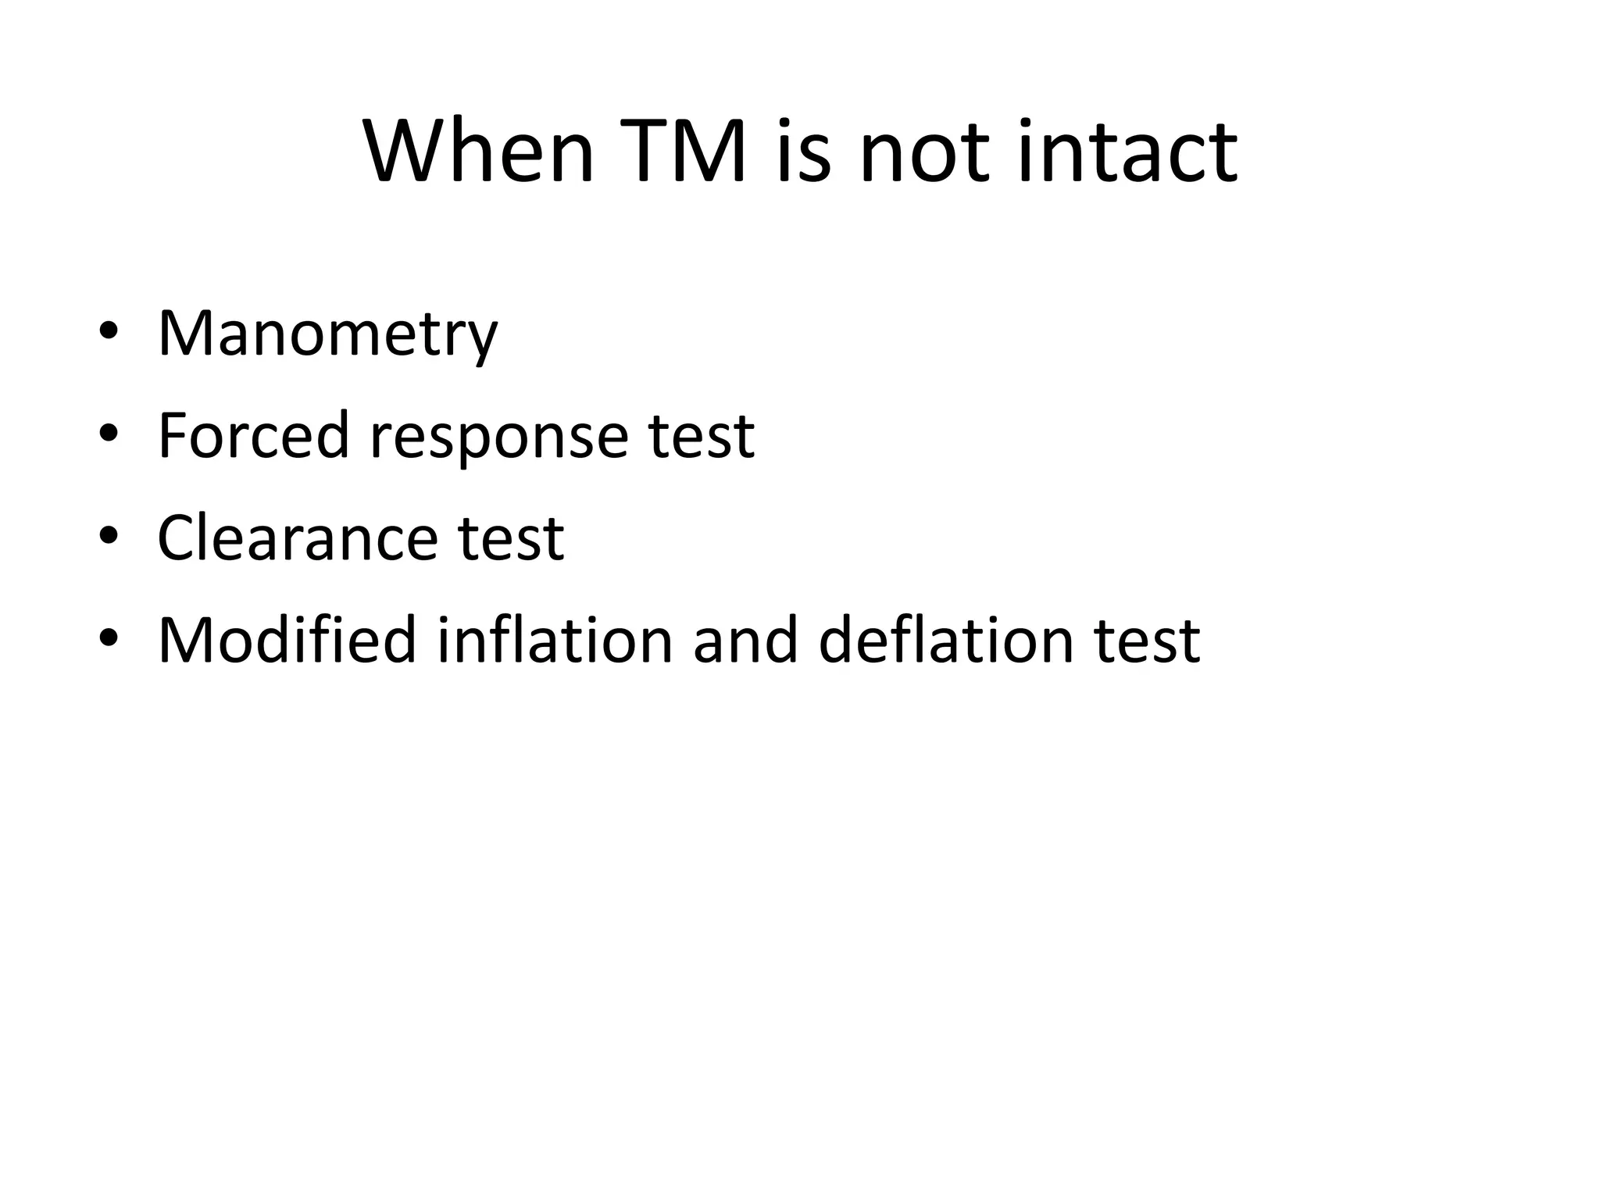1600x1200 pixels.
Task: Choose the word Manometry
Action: (327, 334)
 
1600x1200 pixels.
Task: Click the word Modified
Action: (287, 641)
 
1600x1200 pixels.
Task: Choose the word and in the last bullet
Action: (745, 641)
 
